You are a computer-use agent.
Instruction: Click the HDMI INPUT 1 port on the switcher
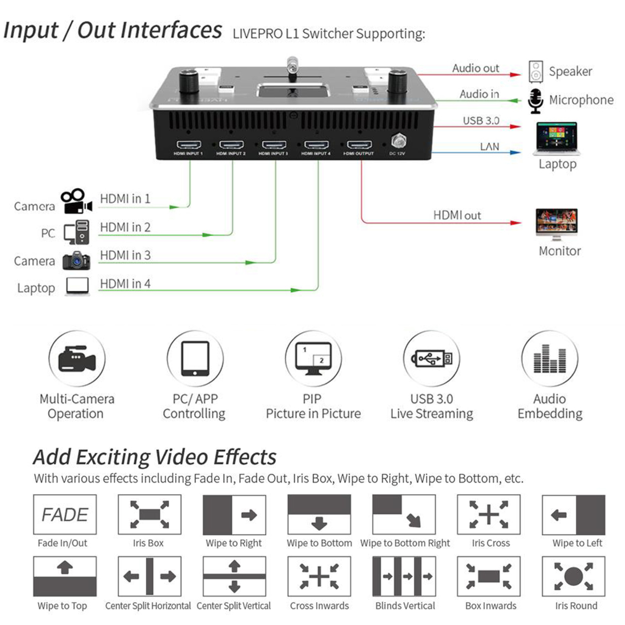[x=189, y=145]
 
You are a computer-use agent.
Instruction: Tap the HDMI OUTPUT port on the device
[x=359, y=145]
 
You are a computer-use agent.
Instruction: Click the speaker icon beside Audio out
[x=536, y=72]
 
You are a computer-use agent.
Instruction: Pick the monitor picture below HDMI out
[x=557, y=223]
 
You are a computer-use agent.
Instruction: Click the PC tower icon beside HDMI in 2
[x=77, y=232]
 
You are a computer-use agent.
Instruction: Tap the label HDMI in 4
[x=125, y=284]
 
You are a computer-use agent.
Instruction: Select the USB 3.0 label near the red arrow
[x=481, y=121]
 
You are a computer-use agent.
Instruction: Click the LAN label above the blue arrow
[x=489, y=147]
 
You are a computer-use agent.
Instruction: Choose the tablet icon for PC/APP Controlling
[x=195, y=358]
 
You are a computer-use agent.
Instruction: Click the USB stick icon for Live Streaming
[x=432, y=358]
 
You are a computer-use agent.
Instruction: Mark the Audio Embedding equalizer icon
[x=550, y=358]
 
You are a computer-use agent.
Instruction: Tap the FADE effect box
[x=65, y=515]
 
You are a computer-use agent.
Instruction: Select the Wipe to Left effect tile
[x=573, y=515]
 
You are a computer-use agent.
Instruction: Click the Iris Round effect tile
[x=573, y=577]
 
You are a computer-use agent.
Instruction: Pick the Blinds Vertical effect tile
[x=404, y=577]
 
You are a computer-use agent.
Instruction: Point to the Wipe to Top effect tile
[x=65, y=577]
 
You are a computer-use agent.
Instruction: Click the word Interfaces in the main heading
[x=150, y=30]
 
